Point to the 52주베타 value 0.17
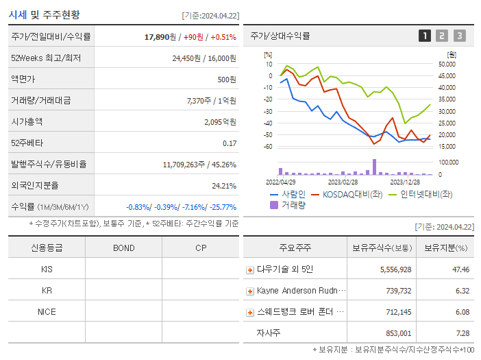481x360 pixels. pyautogui.click(x=230, y=143)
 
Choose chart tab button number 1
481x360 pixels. pyautogui.click(x=425, y=36)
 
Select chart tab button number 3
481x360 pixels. pyautogui.click(x=459, y=36)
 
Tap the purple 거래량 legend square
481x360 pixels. pyautogui.click(x=274, y=204)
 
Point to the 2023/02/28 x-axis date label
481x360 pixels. pyautogui.click(x=343, y=182)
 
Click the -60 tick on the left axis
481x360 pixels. pyautogui.click(x=268, y=147)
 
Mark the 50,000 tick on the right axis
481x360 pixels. pyautogui.click(x=447, y=64)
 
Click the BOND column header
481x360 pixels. pyautogui.click(x=123, y=248)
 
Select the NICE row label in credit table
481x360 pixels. pyautogui.click(x=47, y=311)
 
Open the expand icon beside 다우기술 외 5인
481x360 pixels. pyautogui.click(x=250, y=270)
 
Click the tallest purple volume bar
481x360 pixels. pyautogui.click(x=374, y=167)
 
